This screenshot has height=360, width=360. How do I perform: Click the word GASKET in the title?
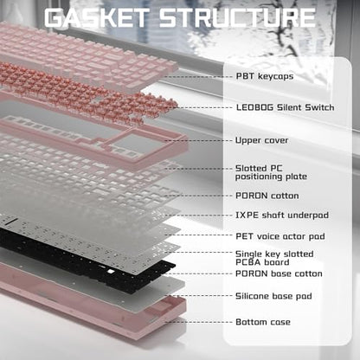point(97,18)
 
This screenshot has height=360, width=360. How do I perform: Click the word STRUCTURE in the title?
point(237,18)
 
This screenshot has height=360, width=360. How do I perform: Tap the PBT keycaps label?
point(265,76)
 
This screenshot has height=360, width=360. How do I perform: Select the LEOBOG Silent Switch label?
point(285,107)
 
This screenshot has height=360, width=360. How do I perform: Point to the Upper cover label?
point(261,140)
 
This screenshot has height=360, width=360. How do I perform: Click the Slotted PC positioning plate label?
point(271,172)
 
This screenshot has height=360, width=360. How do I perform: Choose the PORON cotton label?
point(267,196)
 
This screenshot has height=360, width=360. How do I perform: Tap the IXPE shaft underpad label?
point(282,215)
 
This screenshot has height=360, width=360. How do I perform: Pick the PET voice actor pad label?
point(280,236)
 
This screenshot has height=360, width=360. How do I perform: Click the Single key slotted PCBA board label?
point(274,258)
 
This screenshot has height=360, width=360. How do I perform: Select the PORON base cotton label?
point(279,273)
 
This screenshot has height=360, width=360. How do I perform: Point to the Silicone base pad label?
point(273,296)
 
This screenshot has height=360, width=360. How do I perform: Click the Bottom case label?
point(263,322)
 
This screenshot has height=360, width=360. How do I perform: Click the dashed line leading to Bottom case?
point(199,322)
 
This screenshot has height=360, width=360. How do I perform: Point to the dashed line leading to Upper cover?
point(199,140)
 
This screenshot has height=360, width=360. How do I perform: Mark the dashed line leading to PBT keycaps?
point(199,76)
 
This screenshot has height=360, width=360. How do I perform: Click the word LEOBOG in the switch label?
point(254,107)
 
